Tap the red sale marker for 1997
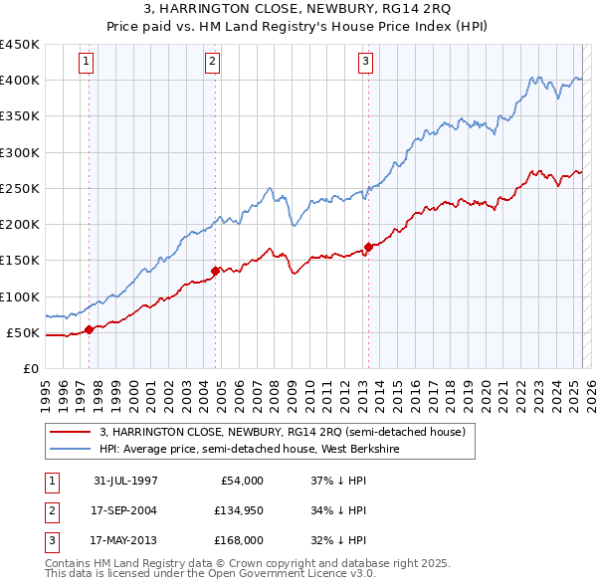[x=90, y=329]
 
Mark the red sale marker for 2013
[x=368, y=247]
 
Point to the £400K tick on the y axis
[x=20, y=81]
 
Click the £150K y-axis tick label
[x=20, y=261]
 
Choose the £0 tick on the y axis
[x=30, y=368]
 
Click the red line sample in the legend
[x=71, y=432]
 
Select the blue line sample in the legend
[x=71, y=449]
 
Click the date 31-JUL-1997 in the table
[x=125, y=481]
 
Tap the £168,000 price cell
[x=238, y=540]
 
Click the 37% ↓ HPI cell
[x=339, y=481]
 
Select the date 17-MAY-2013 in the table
[x=124, y=540]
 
